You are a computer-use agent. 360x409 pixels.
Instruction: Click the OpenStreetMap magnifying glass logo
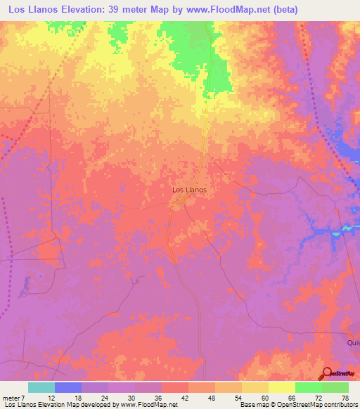tap(326, 373)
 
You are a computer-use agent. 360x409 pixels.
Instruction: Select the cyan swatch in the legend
tap(41, 387)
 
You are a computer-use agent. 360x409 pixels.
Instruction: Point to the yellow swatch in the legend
tap(282, 387)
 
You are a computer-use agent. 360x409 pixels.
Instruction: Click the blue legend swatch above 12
tap(68, 387)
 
